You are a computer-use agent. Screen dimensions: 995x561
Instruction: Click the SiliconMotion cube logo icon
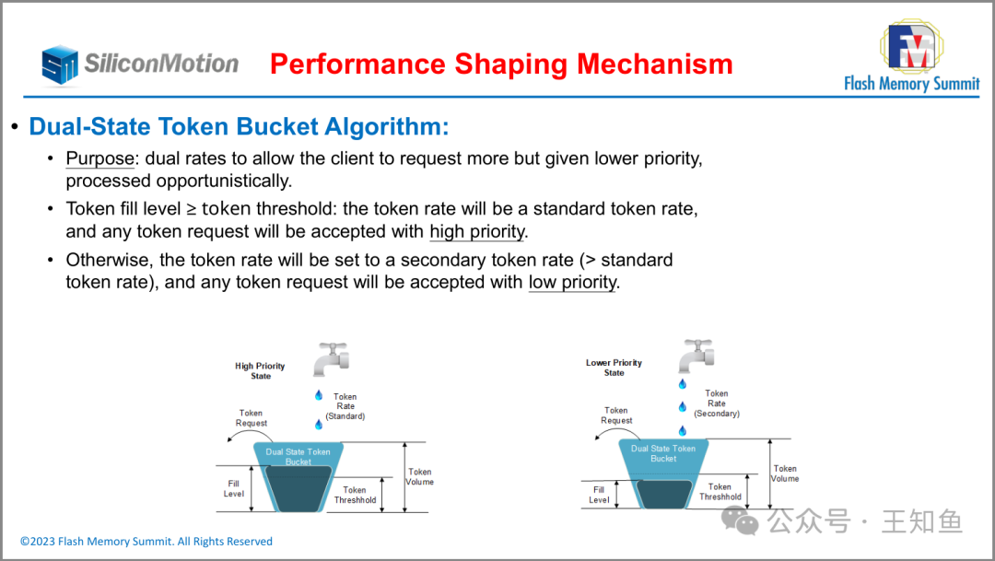60,64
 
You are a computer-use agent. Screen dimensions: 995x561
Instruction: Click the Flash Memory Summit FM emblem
912,46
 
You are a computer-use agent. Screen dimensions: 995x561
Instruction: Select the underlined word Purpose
100,158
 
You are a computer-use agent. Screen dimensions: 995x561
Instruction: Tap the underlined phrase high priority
477,231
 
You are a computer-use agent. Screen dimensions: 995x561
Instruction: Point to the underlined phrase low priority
572,282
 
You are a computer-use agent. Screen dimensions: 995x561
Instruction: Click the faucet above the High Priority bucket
332,359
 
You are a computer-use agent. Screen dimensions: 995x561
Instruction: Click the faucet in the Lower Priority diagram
696,356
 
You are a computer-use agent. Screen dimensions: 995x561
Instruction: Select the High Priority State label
260,370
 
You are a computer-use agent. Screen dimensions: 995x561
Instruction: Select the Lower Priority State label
614,368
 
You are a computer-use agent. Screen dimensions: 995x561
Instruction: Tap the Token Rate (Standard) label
345,406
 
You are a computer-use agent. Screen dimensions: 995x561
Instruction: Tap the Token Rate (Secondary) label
717,403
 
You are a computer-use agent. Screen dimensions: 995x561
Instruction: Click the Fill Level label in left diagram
233,488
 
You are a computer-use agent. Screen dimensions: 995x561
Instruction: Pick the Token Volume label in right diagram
785,473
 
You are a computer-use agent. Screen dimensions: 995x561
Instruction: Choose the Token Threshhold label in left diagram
355,495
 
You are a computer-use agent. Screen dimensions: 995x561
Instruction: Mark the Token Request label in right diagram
616,415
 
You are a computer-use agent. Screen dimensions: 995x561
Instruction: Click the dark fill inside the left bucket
298,489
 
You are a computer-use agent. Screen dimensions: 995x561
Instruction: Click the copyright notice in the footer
146,542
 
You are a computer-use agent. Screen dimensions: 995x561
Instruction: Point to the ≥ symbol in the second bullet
191,209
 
